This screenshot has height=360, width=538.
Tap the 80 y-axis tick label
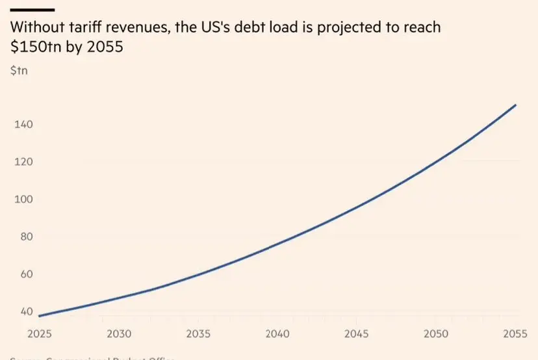pyautogui.click(x=23, y=237)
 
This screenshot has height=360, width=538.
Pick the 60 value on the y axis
pyautogui.click(x=23, y=274)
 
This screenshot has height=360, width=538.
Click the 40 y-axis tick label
pyautogui.click(x=23, y=311)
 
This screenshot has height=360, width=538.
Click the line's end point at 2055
pyautogui.click(x=516, y=105)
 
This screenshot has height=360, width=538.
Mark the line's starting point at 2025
pyautogui.click(x=40, y=316)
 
